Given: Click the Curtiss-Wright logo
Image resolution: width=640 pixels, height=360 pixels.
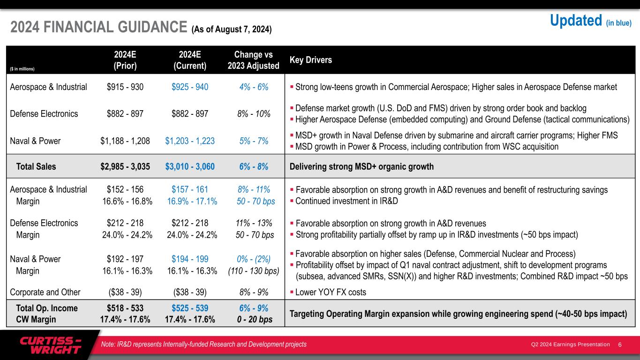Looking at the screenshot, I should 50,345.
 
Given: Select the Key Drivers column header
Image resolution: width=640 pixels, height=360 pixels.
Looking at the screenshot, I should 311,60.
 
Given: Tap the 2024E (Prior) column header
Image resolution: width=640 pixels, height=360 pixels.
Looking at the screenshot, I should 125,60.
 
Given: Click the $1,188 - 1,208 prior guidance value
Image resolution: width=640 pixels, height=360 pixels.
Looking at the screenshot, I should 125,141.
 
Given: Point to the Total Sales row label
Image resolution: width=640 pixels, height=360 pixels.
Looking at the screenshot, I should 36,166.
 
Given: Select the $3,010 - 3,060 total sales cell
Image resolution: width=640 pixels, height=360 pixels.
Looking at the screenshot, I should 190,166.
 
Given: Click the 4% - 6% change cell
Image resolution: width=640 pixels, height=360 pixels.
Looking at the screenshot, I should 253,87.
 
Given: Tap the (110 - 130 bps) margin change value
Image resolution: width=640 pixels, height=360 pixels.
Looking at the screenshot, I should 253,271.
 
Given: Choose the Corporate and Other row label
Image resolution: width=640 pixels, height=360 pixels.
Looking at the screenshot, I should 45,292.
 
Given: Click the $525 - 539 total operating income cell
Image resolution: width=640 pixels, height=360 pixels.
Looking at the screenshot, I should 190,308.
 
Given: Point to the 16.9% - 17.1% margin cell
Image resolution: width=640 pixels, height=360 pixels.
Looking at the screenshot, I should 192,202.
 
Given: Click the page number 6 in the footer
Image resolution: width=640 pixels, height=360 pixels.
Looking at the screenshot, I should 620,345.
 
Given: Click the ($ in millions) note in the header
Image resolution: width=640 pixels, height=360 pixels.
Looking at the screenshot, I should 23,69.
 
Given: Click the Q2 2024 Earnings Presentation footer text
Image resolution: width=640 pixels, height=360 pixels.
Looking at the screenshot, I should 570,345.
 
